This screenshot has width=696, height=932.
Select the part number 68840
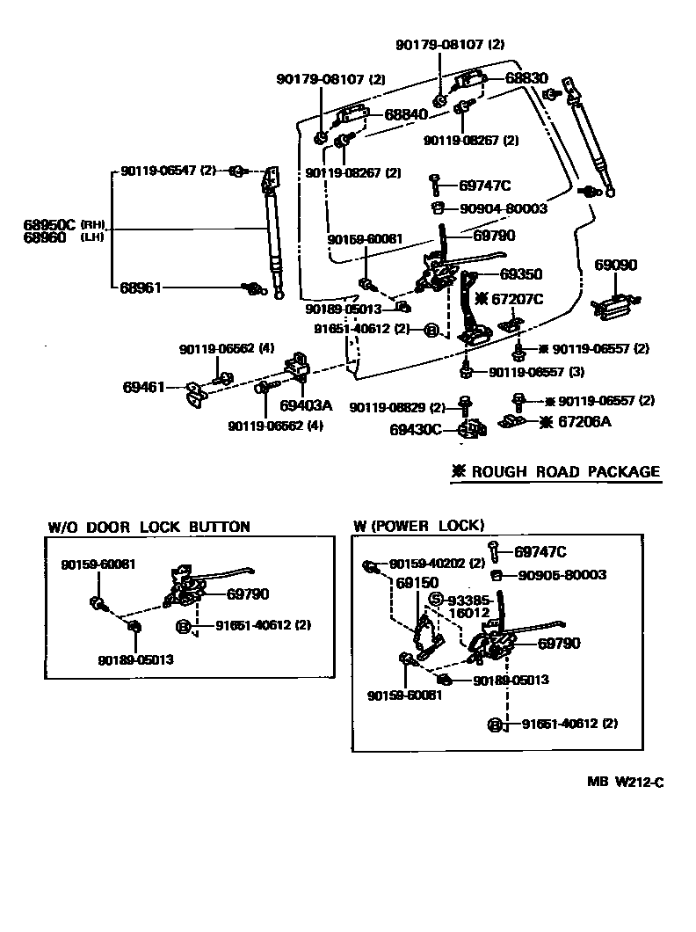click(x=406, y=114)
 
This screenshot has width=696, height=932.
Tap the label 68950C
click(x=50, y=224)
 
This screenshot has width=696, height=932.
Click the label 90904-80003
click(x=504, y=208)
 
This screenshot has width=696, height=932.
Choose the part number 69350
click(x=521, y=273)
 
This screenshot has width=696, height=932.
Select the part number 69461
click(x=143, y=386)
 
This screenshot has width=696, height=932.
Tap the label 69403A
click(x=307, y=405)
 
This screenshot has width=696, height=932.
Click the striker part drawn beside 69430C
click(x=471, y=430)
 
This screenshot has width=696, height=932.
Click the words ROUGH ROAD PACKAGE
click(x=565, y=471)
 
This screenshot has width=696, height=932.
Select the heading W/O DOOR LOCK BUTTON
click(x=149, y=527)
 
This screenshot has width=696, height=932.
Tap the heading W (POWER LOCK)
click(x=418, y=526)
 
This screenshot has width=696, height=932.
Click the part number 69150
click(x=417, y=584)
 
